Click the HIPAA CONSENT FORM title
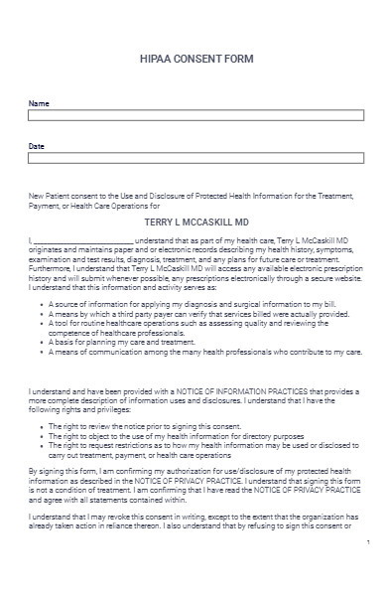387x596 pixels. click(193, 60)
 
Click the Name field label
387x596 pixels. click(37, 103)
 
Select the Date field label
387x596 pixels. click(37, 146)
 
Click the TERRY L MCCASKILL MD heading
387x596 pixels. click(193, 224)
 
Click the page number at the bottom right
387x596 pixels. click(368, 570)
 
